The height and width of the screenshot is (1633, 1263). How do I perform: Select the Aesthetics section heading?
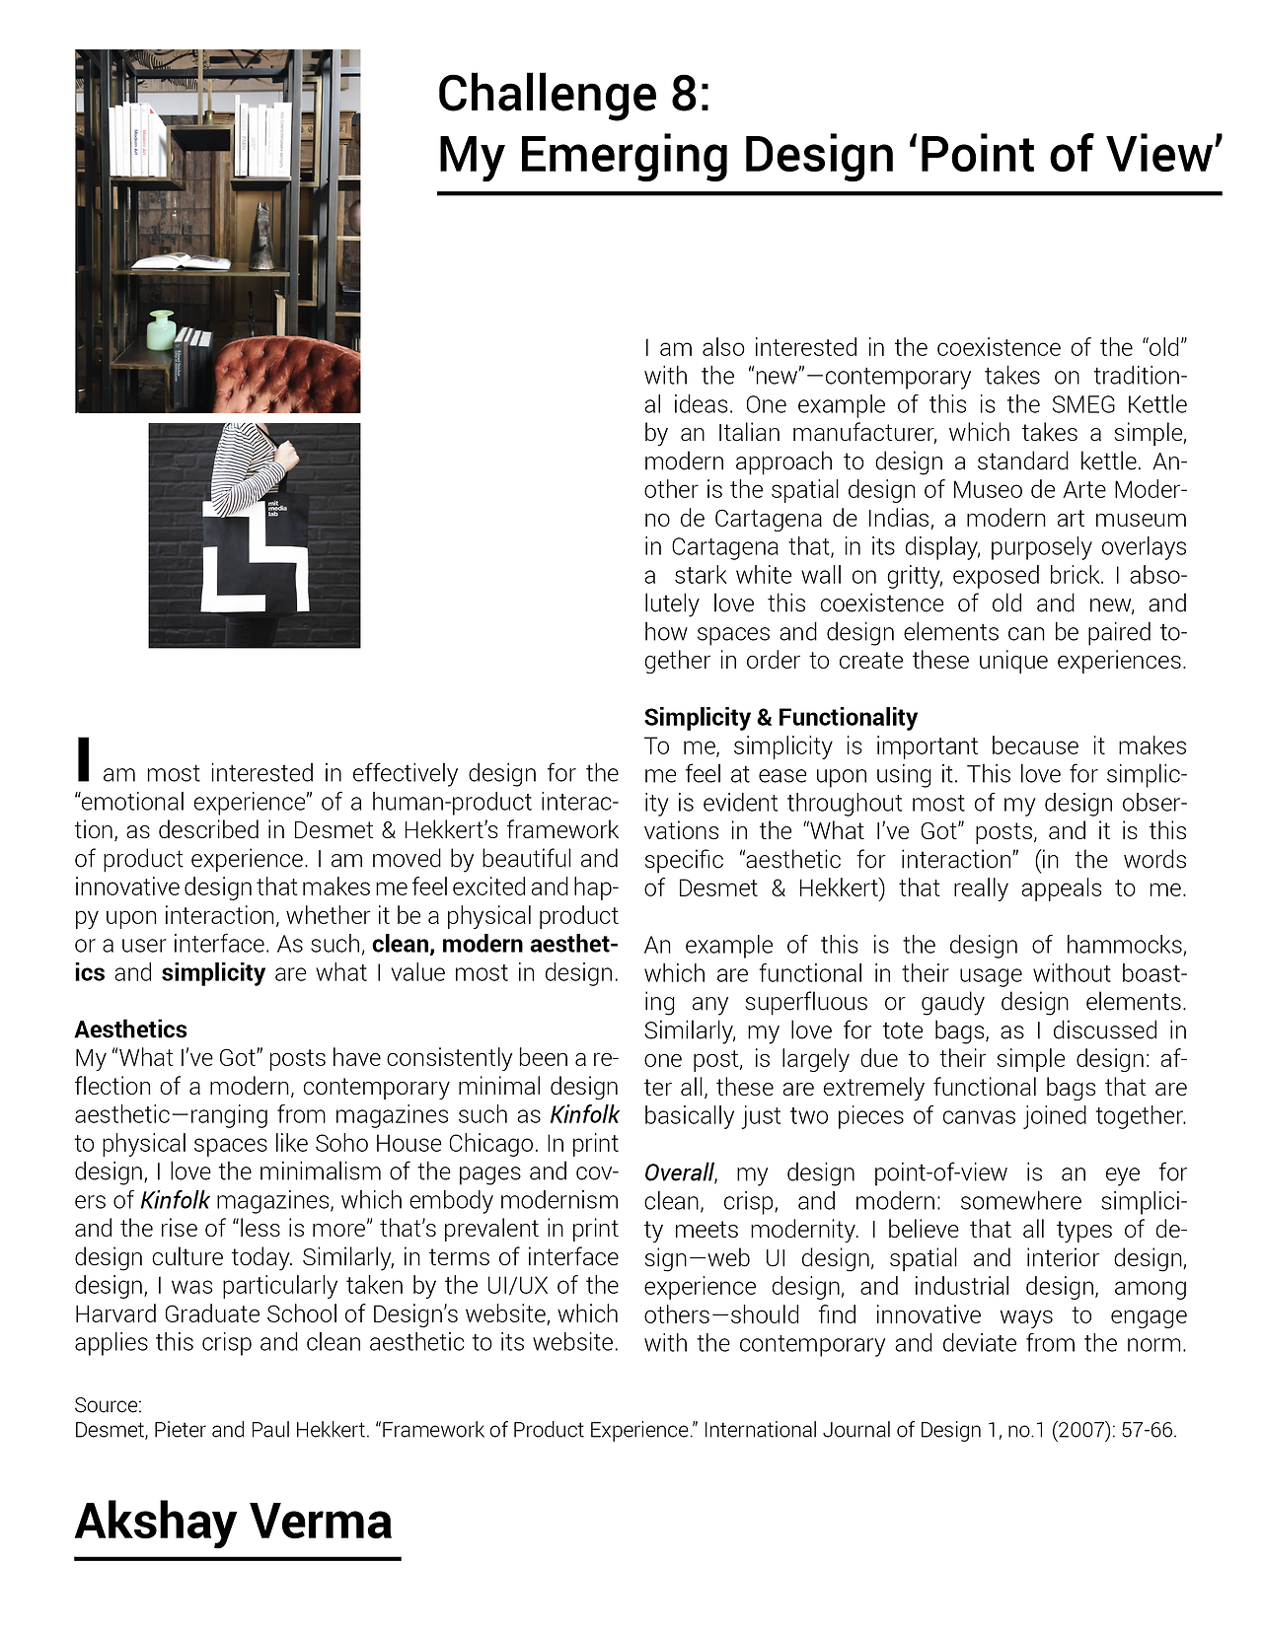click(130, 1029)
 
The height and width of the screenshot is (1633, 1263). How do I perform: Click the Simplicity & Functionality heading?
click(780, 717)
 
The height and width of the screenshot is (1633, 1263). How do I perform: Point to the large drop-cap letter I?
click(85, 758)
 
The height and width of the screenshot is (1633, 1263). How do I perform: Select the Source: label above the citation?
click(109, 1404)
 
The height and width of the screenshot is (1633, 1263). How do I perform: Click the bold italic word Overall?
click(679, 1172)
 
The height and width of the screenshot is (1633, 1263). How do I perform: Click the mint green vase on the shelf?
click(161, 331)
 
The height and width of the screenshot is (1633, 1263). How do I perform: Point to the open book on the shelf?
click(181, 261)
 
